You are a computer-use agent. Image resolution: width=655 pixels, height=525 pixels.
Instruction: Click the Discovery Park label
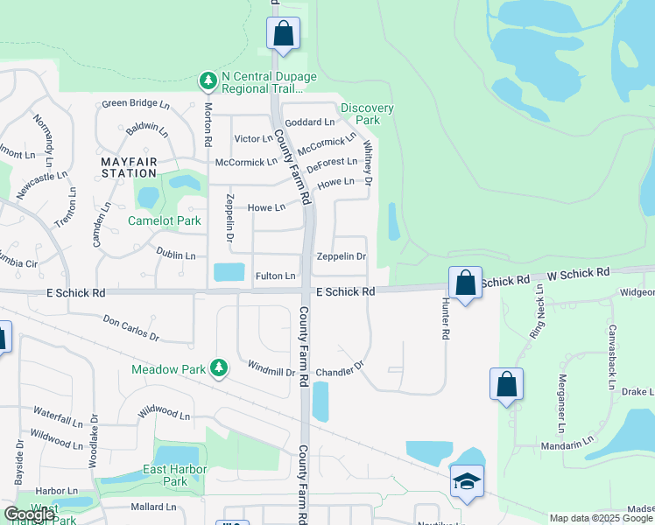(x=367, y=114)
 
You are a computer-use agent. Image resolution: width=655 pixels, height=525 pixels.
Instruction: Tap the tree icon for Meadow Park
(x=219, y=368)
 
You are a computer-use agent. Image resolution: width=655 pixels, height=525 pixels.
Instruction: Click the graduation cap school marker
(x=467, y=481)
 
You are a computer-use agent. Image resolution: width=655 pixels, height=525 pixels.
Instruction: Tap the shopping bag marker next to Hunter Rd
(x=466, y=283)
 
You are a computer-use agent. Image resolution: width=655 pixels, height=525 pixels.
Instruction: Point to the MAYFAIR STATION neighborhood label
(x=129, y=168)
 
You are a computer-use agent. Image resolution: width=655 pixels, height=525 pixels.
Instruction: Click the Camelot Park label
(x=164, y=220)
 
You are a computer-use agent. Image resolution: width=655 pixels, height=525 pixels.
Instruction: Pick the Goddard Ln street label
(x=310, y=122)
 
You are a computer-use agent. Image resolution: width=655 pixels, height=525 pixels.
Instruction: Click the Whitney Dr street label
(x=368, y=163)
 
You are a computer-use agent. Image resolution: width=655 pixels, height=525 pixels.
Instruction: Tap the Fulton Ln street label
(x=275, y=276)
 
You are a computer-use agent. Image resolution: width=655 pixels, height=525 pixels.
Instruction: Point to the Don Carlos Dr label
(x=131, y=328)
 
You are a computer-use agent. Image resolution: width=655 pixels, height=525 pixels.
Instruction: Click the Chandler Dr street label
(x=339, y=371)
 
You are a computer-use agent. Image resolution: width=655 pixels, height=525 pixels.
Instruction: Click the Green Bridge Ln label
(x=136, y=103)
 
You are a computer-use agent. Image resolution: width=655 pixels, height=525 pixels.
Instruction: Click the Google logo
(x=30, y=514)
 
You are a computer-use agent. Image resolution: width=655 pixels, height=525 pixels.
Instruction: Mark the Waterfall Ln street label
(x=58, y=410)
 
